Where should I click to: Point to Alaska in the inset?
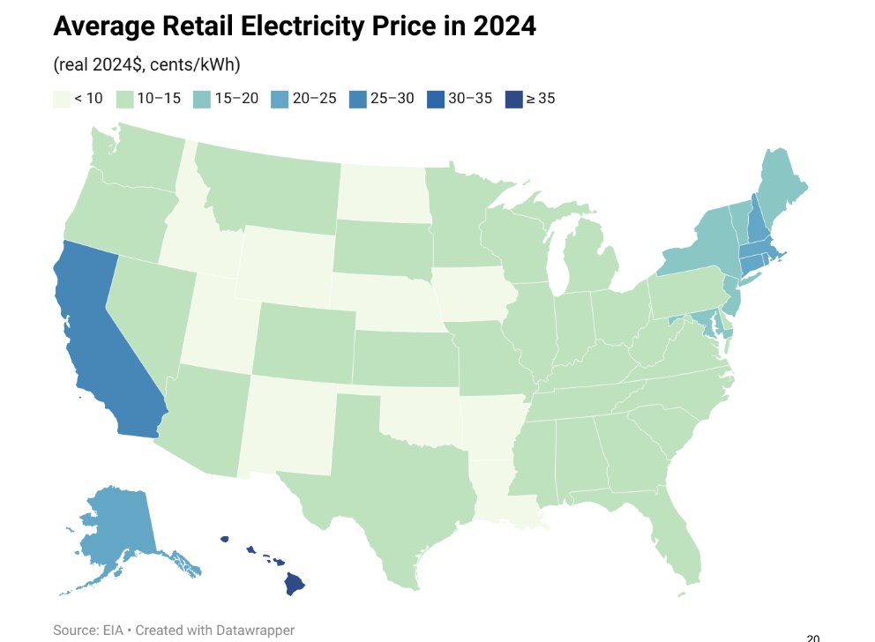119,529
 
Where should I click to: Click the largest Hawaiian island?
294,584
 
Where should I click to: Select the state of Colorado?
300,340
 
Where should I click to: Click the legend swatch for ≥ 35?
513,99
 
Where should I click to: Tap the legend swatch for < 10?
61,99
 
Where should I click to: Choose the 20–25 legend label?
315,99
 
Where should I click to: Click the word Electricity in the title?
303,26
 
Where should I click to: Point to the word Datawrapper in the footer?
249,630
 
